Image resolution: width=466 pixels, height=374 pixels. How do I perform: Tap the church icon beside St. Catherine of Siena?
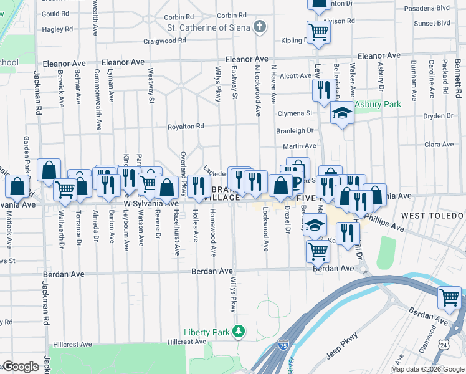(260, 27)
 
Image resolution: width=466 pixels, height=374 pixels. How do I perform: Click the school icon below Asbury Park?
(341, 113)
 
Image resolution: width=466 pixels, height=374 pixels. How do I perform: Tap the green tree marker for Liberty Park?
(237, 331)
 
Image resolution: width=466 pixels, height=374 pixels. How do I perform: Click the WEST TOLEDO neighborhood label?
(432, 216)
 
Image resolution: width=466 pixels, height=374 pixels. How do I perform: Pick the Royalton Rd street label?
(186, 127)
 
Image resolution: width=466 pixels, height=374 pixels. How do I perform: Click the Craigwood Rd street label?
(164, 40)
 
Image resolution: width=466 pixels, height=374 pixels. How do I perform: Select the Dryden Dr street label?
(438, 116)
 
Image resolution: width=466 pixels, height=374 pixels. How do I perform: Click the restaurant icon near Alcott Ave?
(323, 90)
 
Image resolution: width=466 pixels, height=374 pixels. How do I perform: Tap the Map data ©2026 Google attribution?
(427, 369)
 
